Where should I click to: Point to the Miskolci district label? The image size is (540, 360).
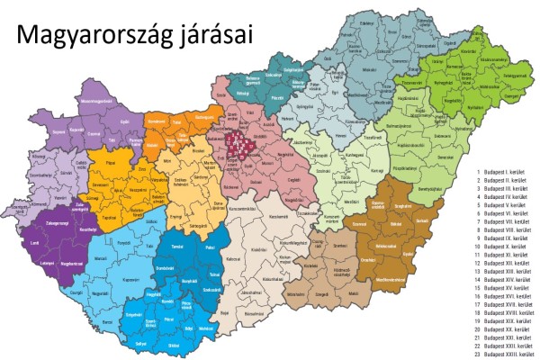(x=367, y=67)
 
